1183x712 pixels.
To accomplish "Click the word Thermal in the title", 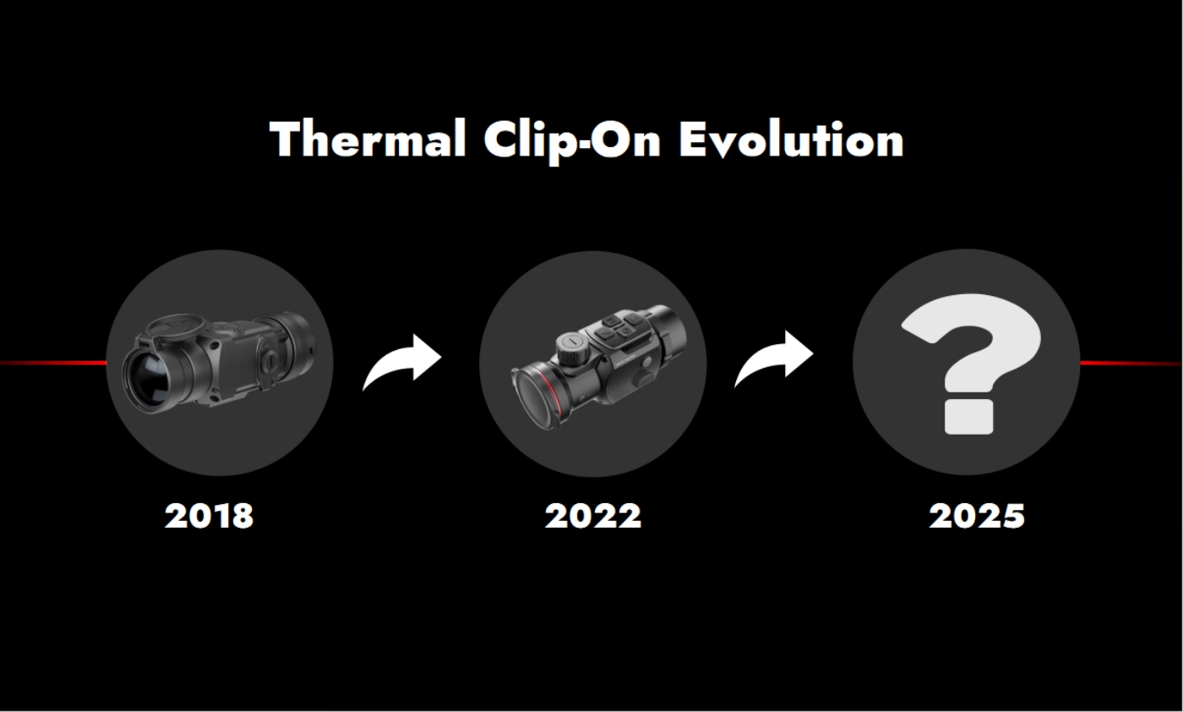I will coord(368,140).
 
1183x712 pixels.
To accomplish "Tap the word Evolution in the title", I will coord(791,140).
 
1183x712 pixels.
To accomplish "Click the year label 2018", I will coord(209,516).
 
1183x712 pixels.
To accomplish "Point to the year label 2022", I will coord(593,516).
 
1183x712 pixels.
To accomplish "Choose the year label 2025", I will coord(977,516).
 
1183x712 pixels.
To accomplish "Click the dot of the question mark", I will coord(968,417).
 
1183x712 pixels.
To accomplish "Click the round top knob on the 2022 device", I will coord(571,347).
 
